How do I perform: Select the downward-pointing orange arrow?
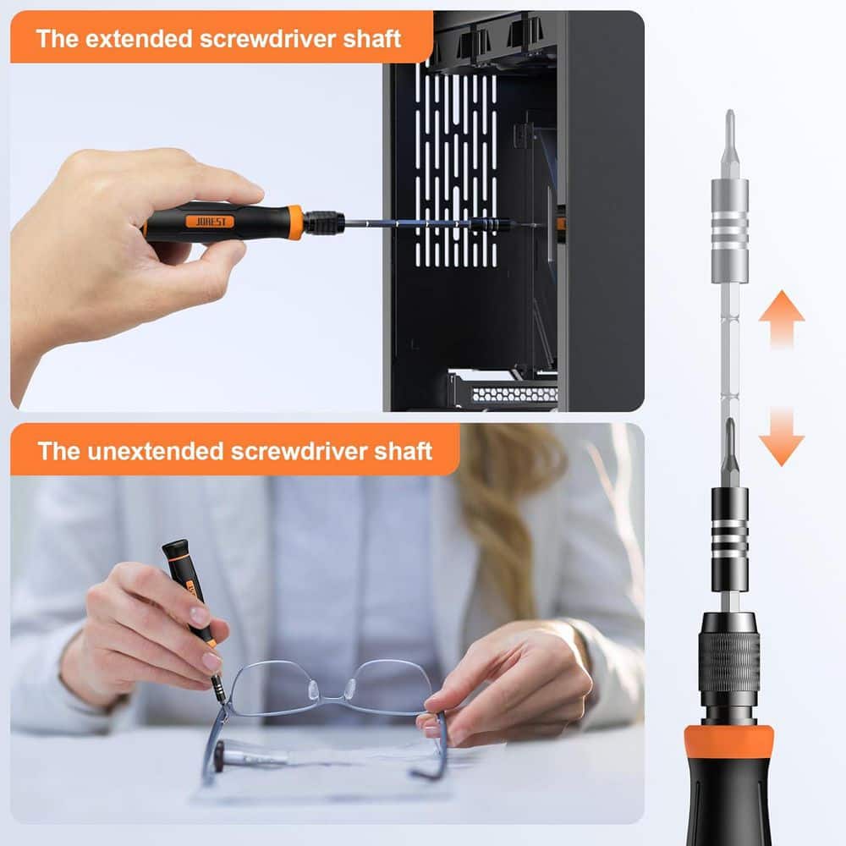[x=781, y=437]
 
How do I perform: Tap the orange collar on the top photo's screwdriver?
[x=294, y=222]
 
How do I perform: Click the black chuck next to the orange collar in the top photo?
[x=324, y=223]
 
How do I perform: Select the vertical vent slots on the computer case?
[x=456, y=161]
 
